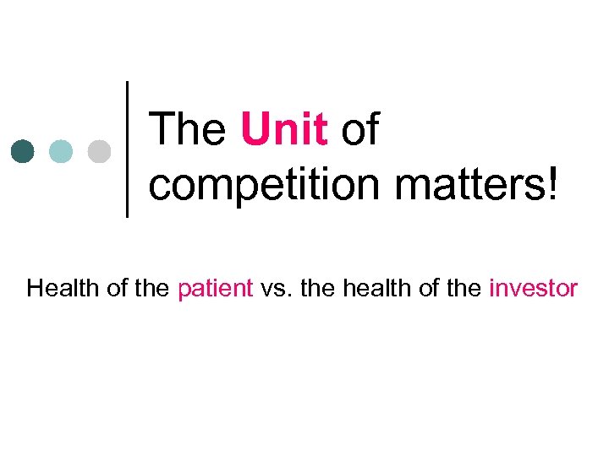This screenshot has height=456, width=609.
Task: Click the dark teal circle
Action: pos(24,150)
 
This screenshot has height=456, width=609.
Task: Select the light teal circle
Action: pos(61,150)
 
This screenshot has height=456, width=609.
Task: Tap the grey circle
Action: pos(99,150)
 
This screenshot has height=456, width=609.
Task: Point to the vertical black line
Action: pos(127,149)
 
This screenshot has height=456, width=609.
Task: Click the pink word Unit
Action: pos(284,131)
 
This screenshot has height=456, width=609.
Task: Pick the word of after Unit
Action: pos(359,131)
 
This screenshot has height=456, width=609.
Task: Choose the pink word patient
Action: pos(216,289)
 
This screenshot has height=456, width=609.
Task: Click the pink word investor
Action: pos(533,289)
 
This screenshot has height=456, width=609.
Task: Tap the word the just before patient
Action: pos(154,289)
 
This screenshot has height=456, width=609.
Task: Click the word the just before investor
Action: pos(464,289)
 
